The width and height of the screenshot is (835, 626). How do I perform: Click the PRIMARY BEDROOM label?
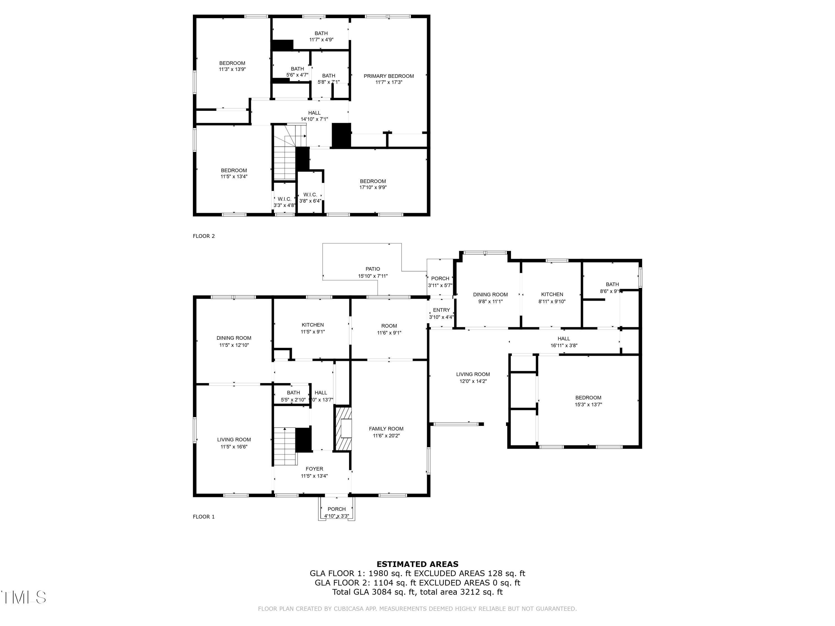point(389,76)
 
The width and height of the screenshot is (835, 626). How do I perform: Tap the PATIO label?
point(373,269)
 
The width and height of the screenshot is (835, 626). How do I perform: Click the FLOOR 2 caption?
point(203,236)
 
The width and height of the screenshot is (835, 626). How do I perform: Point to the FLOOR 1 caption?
point(203,517)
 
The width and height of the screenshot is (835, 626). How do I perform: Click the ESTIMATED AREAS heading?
point(417,564)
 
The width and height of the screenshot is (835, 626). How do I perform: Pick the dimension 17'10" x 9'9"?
point(373,188)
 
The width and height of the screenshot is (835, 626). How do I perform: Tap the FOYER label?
point(314,469)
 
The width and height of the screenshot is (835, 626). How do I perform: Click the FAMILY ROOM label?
point(386,429)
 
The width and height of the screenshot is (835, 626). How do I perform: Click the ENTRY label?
point(441,310)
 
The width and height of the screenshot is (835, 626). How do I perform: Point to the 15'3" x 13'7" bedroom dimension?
point(588,405)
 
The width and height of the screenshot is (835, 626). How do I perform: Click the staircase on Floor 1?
point(285,446)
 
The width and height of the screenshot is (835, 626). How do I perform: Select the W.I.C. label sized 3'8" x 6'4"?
point(310,195)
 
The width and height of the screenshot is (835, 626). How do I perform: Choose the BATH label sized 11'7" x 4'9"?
point(321,33)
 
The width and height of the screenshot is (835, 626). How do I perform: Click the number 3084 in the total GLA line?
point(381,592)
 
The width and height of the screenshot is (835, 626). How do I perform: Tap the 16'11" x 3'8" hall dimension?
point(564,345)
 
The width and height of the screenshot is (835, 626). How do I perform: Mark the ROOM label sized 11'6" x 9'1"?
point(389,326)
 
